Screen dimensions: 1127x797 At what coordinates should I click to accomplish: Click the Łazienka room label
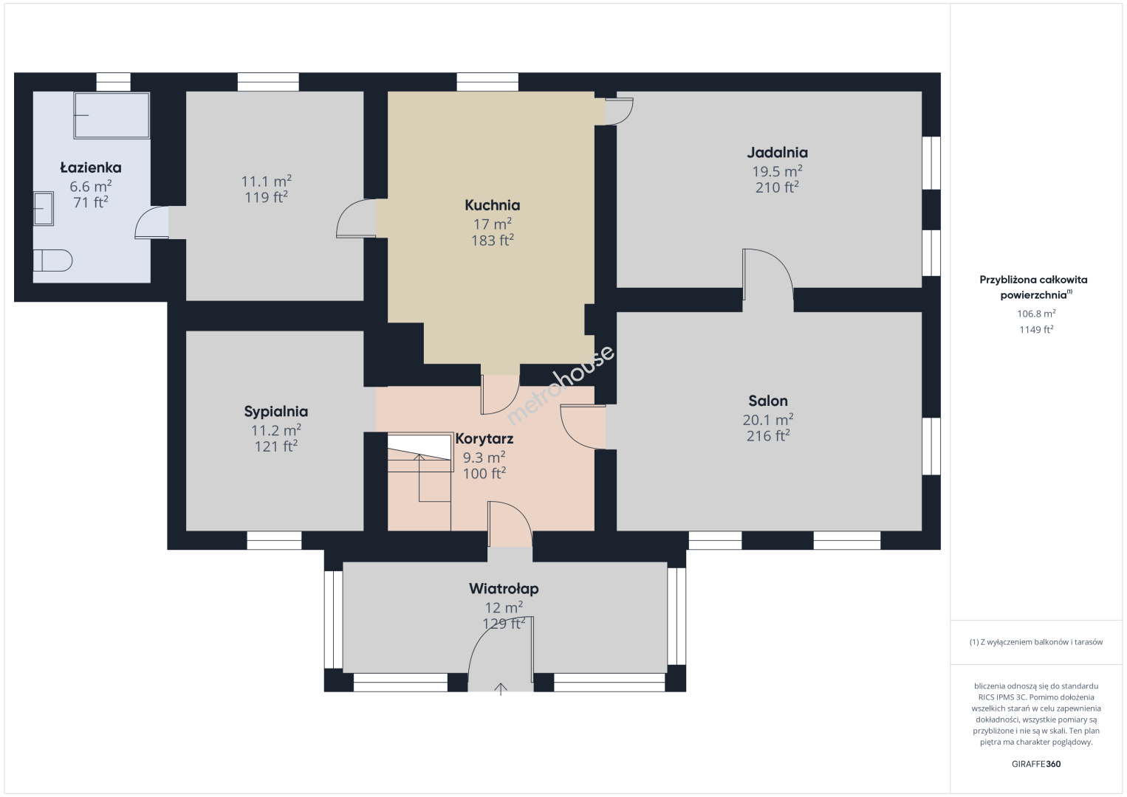point(91,168)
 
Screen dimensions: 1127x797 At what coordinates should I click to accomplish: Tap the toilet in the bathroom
point(53,261)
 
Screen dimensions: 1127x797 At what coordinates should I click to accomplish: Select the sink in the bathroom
point(44,208)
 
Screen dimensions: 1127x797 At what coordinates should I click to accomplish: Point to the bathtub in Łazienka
point(112,115)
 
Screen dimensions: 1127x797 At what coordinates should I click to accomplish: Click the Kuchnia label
point(492,205)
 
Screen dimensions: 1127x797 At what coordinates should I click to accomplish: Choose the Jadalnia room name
point(777,152)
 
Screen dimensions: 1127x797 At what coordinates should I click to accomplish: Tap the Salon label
point(768,401)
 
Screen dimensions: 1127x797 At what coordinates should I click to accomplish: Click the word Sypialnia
point(275,412)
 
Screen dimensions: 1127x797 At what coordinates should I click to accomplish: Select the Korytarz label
point(484,439)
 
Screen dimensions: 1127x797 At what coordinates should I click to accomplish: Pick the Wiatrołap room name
point(504,589)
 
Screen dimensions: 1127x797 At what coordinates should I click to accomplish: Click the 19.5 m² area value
point(777,171)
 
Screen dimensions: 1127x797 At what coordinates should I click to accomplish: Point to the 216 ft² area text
point(768,435)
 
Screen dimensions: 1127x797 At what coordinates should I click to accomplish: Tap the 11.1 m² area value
point(266,181)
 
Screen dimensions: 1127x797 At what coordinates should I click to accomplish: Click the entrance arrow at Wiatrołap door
point(501,689)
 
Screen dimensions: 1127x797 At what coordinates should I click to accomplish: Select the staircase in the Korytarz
point(419,482)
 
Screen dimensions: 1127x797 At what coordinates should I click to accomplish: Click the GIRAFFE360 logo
point(1036,764)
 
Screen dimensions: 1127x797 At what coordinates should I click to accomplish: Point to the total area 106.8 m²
point(1036,314)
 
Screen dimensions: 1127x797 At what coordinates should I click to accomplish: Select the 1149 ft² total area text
point(1036,330)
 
